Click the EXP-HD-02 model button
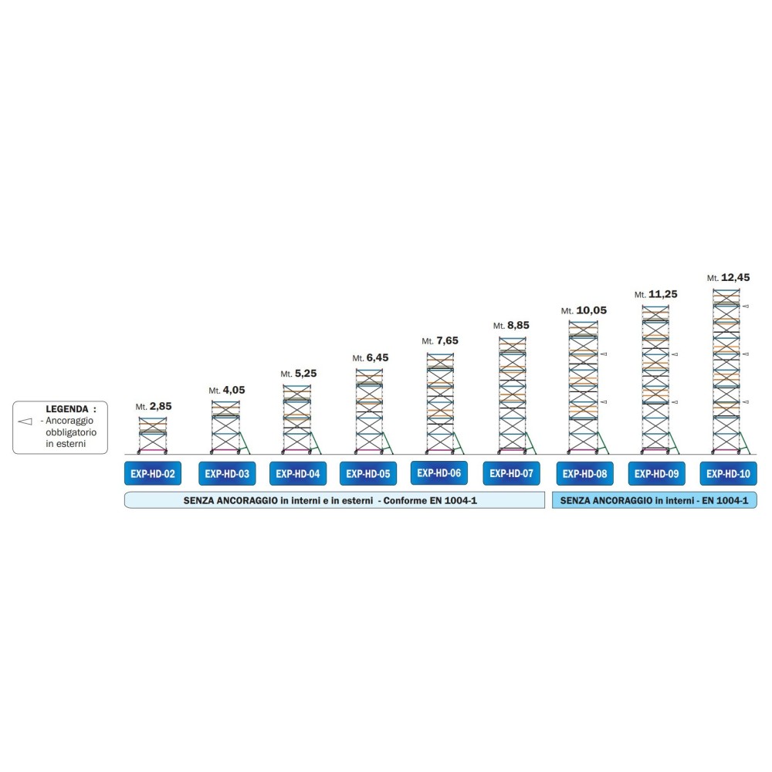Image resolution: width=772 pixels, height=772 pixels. pyautogui.click(x=153, y=474)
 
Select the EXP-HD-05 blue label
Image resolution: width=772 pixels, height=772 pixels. pyautogui.click(x=367, y=474)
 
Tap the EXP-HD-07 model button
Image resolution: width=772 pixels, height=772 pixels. pyautogui.click(x=511, y=473)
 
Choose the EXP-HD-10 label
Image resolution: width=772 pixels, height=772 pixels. pyautogui.click(x=728, y=474)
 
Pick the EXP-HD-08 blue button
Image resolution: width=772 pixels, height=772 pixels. pyautogui.click(x=584, y=474)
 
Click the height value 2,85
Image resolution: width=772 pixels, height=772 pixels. pyautogui.click(x=161, y=406)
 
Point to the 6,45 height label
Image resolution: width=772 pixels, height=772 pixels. pyautogui.click(x=378, y=357)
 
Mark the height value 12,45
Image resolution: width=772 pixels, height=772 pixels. pyautogui.click(x=736, y=277)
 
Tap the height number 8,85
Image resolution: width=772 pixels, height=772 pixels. pyautogui.click(x=518, y=325)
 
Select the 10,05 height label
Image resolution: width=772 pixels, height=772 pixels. pyautogui.click(x=591, y=310)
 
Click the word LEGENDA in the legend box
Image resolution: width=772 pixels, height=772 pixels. pyautogui.click(x=67, y=409)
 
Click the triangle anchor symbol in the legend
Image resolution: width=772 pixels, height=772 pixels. pyautogui.click(x=25, y=422)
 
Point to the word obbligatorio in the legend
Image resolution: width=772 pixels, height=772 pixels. pyautogui.click(x=71, y=432)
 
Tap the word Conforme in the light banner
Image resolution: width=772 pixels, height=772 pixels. pyautogui.click(x=405, y=501)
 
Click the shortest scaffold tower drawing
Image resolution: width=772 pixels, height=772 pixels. pyautogui.click(x=153, y=435)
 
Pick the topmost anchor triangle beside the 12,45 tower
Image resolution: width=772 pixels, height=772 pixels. pyautogui.click(x=746, y=306)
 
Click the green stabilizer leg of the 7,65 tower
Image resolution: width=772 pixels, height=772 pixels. pyautogui.click(x=459, y=442)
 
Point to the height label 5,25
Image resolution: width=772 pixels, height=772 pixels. pyautogui.click(x=306, y=373)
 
